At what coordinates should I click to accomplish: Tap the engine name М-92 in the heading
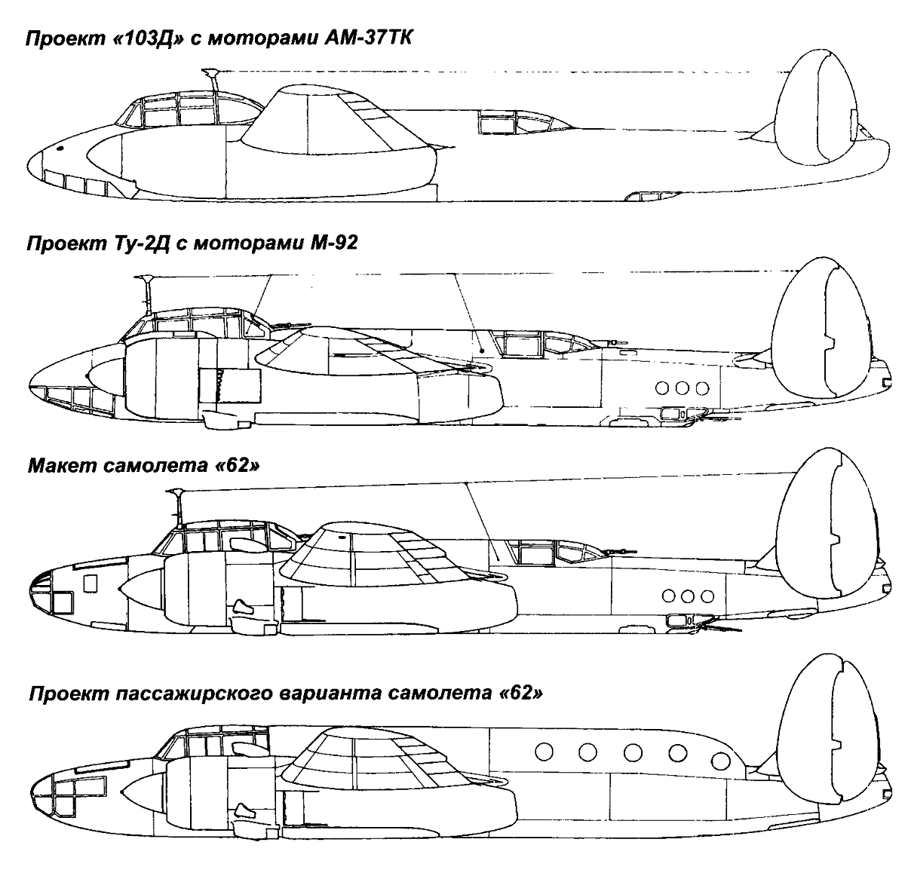click(x=334, y=242)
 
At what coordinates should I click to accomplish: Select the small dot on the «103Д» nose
click(x=60, y=149)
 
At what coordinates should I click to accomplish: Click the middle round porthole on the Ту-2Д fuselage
click(x=682, y=387)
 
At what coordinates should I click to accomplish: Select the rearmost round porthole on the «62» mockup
click(x=707, y=596)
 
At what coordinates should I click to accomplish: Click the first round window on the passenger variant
click(x=544, y=751)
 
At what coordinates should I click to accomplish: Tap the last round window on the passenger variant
click(x=720, y=761)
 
